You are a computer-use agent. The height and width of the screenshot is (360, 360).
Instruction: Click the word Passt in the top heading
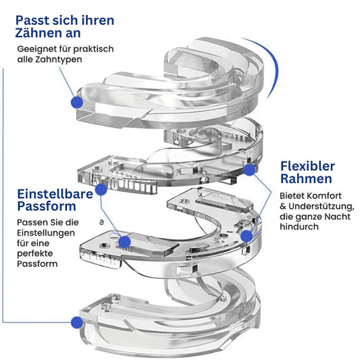(x=32, y=20)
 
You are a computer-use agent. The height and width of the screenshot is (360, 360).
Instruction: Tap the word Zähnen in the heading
(x=38, y=33)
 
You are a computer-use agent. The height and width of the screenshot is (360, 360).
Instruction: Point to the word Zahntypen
(x=59, y=59)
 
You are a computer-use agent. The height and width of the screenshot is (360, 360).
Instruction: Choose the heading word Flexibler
(x=307, y=166)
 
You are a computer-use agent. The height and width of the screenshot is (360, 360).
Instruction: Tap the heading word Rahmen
(x=306, y=179)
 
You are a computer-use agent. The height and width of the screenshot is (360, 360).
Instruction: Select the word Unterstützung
(x=322, y=207)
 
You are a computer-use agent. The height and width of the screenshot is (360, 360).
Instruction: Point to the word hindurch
(x=299, y=227)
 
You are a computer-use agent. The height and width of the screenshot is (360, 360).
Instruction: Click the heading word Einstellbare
(x=55, y=195)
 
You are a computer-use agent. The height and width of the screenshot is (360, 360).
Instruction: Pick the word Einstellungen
(x=46, y=233)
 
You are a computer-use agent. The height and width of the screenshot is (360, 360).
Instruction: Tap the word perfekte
(x=35, y=254)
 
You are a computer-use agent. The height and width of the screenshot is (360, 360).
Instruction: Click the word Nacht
(x=338, y=217)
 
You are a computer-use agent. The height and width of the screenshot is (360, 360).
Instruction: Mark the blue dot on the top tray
(x=77, y=102)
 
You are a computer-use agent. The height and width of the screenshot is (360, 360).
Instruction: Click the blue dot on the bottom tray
(x=77, y=322)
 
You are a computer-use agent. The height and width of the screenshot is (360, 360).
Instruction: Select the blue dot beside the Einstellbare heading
(x=101, y=190)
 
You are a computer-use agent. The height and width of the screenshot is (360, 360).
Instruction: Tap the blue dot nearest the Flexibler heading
(x=249, y=170)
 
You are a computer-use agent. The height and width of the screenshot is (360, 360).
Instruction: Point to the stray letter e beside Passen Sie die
(x=101, y=222)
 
